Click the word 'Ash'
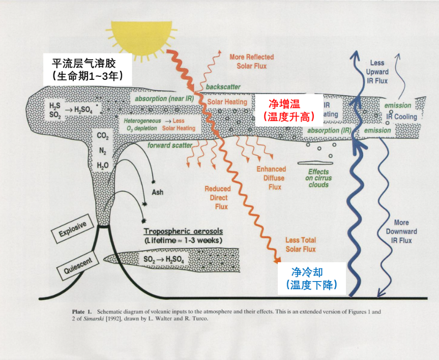pos(158,192)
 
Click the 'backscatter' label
pos(223,87)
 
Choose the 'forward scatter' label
pos(170,145)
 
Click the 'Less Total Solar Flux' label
pos(300,244)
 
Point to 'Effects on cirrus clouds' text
pos(318,178)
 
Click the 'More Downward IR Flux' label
pos(405,231)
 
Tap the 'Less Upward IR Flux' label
pos(377,72)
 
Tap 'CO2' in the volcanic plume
pos(103,136)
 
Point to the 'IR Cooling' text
pos(402,117)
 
